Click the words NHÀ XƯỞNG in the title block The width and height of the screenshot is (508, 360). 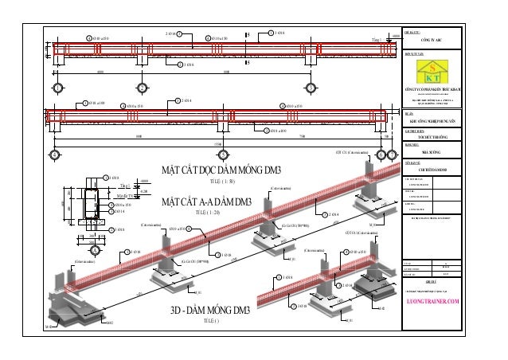pos(433,158)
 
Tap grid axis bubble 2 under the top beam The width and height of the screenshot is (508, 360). pos(141,87)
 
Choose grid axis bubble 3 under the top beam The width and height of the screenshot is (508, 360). pos(307,87)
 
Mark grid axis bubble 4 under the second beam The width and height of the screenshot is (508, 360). pos(222,152)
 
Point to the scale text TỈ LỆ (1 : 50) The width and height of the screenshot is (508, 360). pos(206,183)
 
